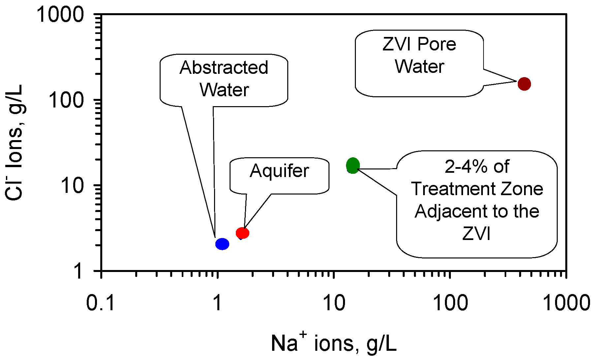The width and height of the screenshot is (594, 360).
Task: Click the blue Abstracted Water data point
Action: [x=222, y=244]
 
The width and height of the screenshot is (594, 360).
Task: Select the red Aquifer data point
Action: [x=242, y=233]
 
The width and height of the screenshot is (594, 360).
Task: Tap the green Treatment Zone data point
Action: [x=353, y=165]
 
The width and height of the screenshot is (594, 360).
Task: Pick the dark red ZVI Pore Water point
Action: [x=524, y=84]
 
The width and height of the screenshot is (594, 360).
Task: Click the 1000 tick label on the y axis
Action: [x=60, y=15]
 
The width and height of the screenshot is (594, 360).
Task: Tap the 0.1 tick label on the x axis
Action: [x=101, y=302]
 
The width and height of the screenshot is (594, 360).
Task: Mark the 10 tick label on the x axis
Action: [x=334, y=302]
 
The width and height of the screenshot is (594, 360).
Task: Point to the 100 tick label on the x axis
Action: [x=450, y=302]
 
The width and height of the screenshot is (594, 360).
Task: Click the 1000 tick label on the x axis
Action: [x=566, y=302]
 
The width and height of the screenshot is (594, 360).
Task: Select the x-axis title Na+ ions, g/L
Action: [x=333, y=343]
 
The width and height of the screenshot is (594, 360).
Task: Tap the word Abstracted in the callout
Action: [x=224, y=68]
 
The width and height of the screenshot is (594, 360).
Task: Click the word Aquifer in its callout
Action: [x=279, y=171]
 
